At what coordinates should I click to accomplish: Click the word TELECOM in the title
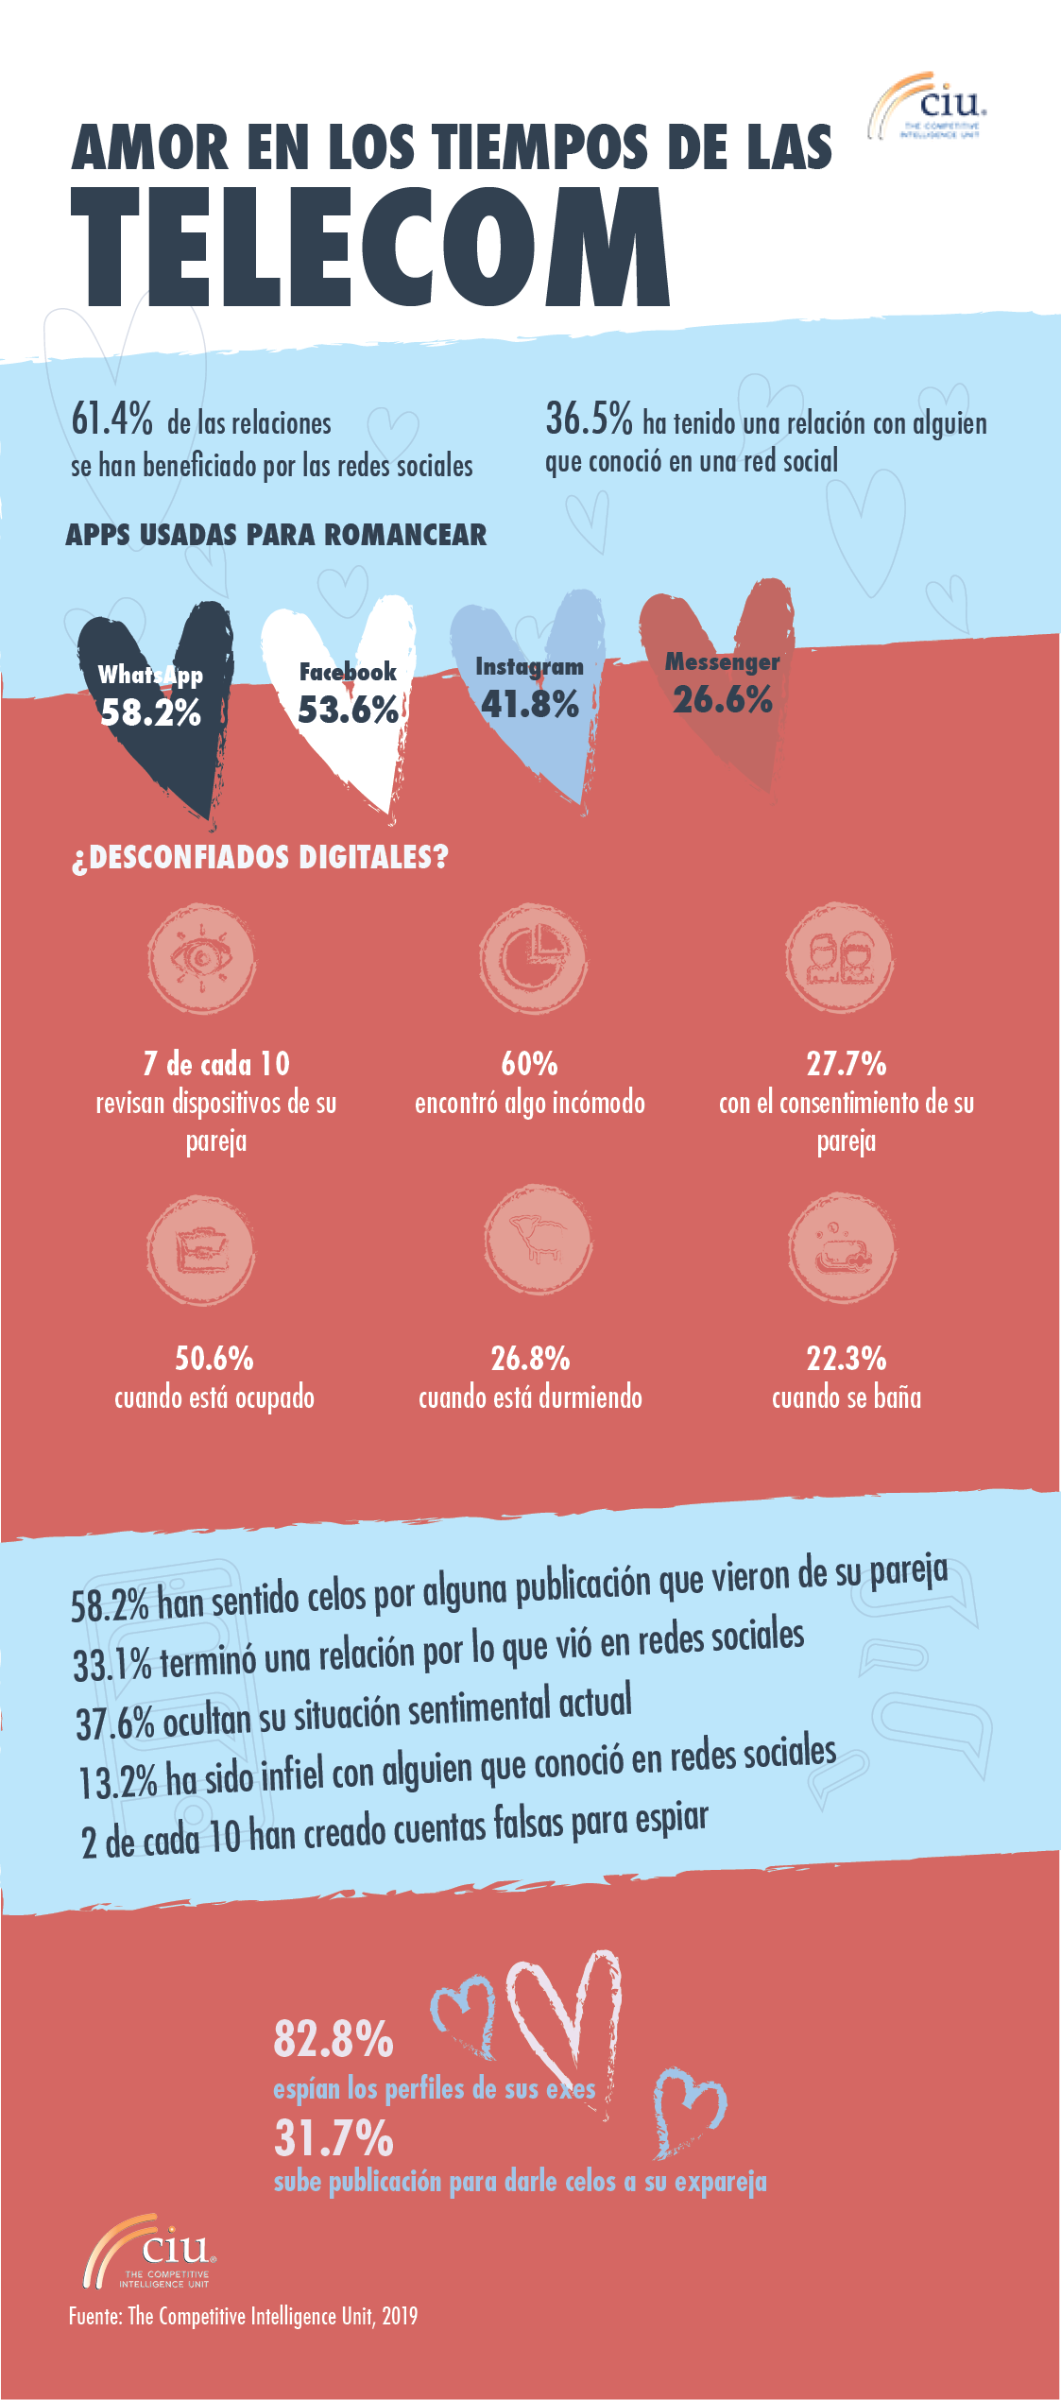pos(370,248)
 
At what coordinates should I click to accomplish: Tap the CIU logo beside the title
pos(929,107)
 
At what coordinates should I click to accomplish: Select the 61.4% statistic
pos(111,419)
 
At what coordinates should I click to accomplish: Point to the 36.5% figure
pos(589,419)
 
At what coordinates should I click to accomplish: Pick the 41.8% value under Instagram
pos(529,705)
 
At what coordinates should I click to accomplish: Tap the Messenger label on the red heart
pos(722,662)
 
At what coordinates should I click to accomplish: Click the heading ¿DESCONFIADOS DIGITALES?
pos(260,858)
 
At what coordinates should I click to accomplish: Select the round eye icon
pos(201,958)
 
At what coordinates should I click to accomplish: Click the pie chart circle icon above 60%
pos(533,958)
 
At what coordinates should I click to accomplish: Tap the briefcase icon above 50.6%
pos(201,1251)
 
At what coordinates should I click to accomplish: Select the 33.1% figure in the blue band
pos(111,1665)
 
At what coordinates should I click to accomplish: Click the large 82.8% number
pos(333,2039)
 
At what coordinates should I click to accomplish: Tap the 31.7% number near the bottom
pos(333,2137)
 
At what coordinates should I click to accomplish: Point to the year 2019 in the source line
pos(400,2316)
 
